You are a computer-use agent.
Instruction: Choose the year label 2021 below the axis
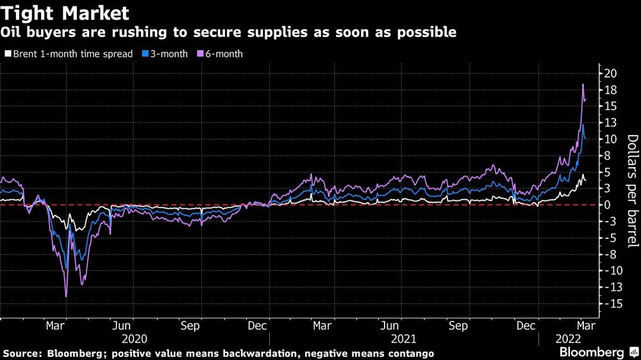[404, 339]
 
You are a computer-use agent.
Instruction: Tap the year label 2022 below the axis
[568, 339]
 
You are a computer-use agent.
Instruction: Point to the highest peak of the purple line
[583, 85]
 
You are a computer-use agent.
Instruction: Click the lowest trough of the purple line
[66, 296]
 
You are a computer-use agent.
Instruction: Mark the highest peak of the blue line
[583, 125]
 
